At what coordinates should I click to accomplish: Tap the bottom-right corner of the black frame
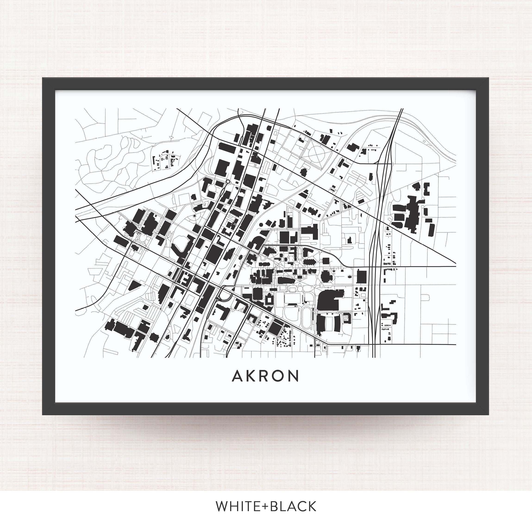pyautogui.click(x=488, y=414)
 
